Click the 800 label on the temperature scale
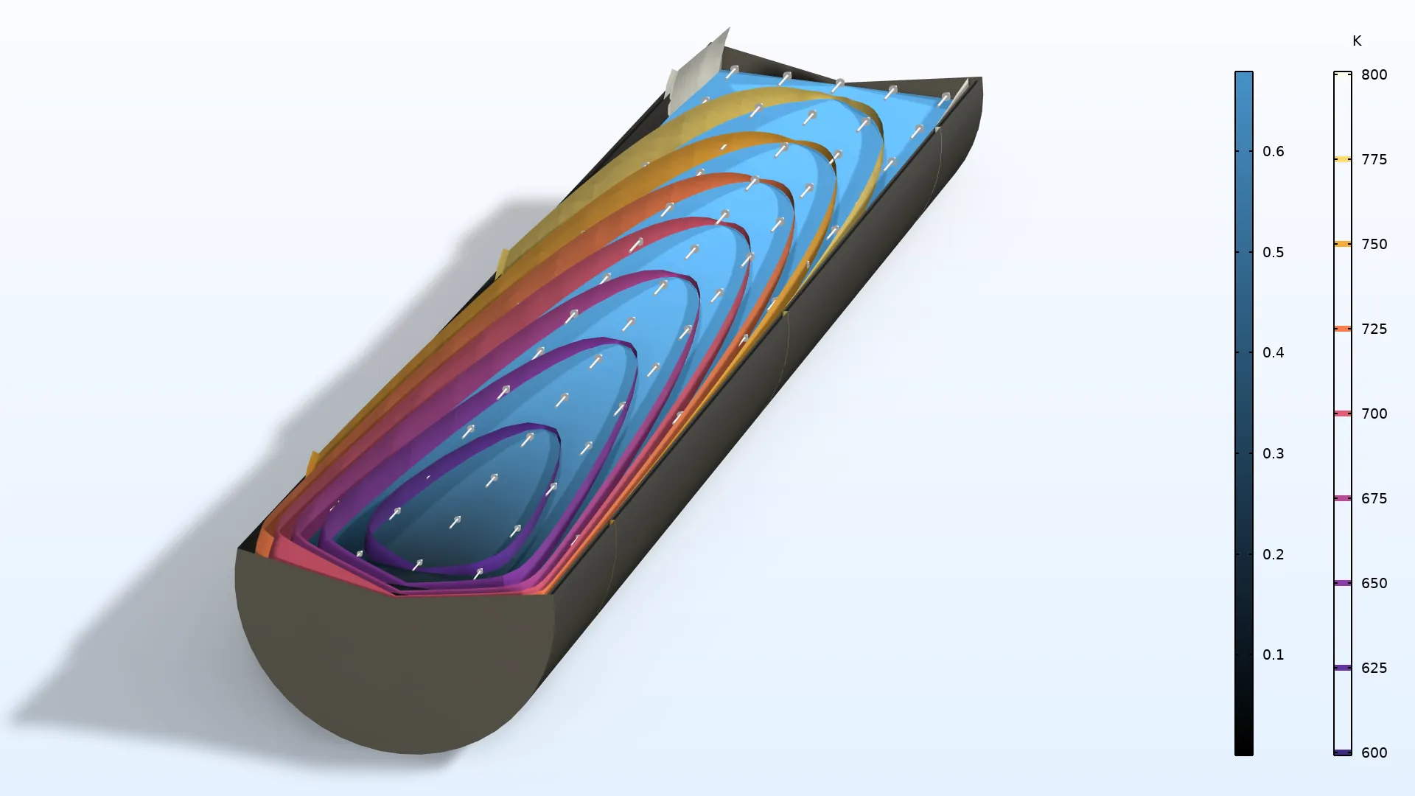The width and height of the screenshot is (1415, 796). [x=1374, y=74]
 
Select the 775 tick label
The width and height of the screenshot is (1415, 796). [x=1374, y=159]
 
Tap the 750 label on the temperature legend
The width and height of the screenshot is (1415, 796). [x=1374, y=244]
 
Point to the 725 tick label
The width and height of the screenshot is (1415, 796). [x=1374, y=329]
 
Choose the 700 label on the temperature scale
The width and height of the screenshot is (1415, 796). [x=1374, y=413]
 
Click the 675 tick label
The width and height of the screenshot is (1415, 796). [x=1374, y=498]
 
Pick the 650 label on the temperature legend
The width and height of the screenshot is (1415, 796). [x=1374, y=583]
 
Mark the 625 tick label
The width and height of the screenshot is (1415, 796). [x=1374, y=668]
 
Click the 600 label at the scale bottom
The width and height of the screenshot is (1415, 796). [x=1374, y=753]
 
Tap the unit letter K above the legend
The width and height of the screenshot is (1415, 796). [x=1357, y=41]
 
